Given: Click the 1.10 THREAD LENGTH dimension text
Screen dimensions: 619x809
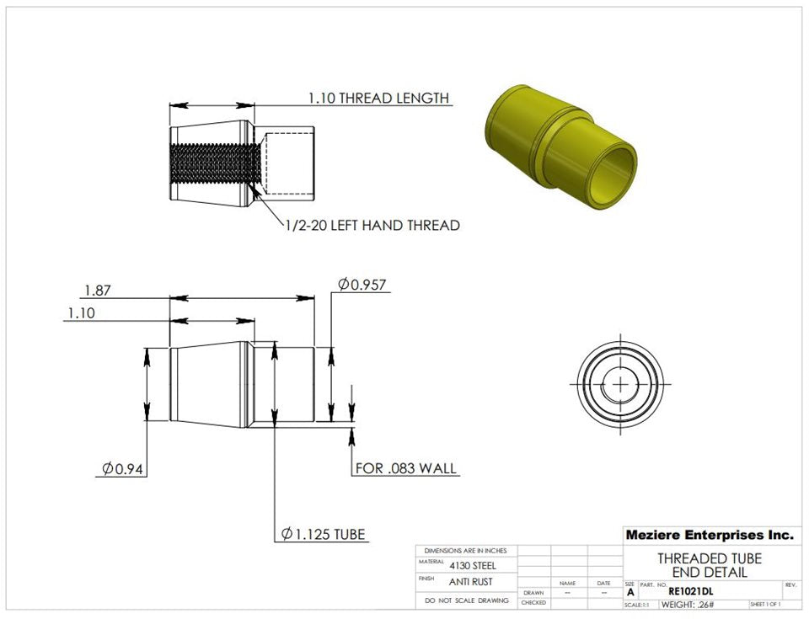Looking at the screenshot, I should tap(378, 98).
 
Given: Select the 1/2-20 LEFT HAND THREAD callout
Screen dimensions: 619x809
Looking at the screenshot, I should tap(370, 225).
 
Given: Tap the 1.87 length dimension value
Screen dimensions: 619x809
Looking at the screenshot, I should tap(98, 291).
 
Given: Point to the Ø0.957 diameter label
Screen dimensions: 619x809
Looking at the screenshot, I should tap(362, 285).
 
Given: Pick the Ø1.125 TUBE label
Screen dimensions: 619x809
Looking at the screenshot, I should tap(324, 534).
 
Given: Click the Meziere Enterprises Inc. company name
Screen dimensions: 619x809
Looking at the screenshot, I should tap(709, 535).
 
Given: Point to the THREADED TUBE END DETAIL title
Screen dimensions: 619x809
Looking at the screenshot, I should tap(709, 566).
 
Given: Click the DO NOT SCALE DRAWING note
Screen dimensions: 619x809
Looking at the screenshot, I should tap(466, 600).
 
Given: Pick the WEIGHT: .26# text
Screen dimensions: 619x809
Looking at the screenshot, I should tap(688, 605).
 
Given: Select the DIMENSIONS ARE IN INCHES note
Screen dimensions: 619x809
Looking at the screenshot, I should tap(466, 550).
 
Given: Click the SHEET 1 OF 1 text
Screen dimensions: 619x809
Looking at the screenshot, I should tap(764, 605).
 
